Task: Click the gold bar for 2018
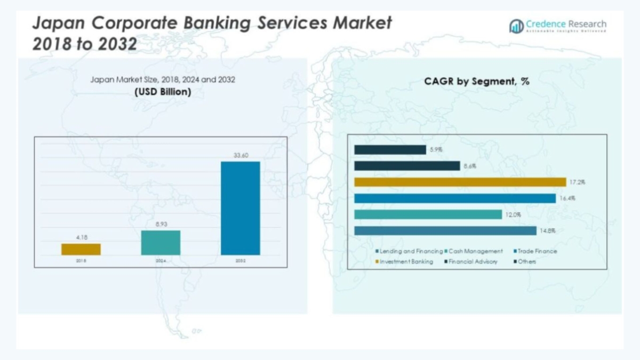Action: pos(81,249)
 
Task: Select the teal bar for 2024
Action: pos(161,243)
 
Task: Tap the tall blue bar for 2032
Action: pos(241,208)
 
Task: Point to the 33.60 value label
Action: pos(241,155)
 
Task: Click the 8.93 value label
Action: pos(161,225)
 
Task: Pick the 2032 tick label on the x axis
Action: pos(241,261)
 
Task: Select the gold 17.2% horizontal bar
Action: pos(460,182)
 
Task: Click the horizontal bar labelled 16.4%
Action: pos(455,198)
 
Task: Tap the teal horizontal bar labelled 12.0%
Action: pos(427,214)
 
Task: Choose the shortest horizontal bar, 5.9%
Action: pos(390,150)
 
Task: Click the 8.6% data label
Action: pos(470,166)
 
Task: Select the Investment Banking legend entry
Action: pos(406,261)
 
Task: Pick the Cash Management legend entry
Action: pos(475,251)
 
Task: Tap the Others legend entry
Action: pos(526,261)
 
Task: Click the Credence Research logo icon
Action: pos(516,26)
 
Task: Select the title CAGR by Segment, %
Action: pos(477,82)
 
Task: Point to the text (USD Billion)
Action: pos(163,92)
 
